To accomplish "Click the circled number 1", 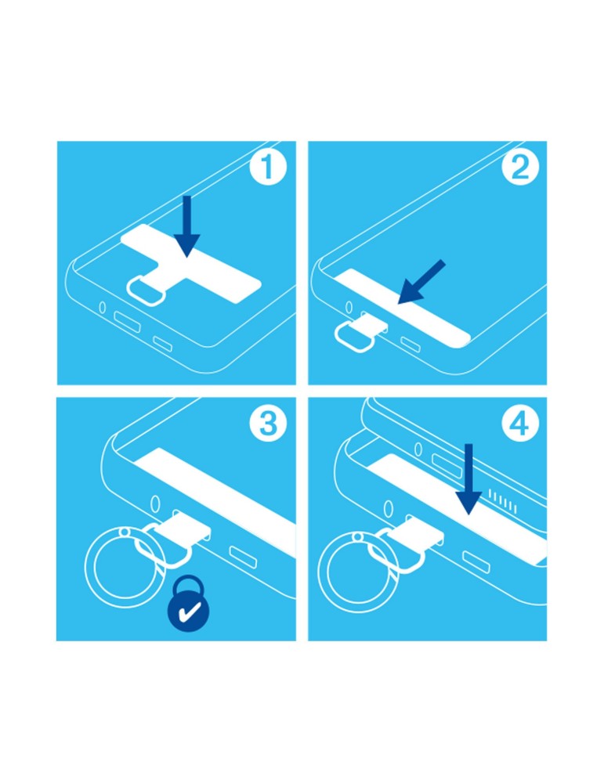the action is (x=268, y=167).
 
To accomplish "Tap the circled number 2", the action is (x=521, y=167).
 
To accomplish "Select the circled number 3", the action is (x=268, y=423).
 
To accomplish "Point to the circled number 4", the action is (x=521, y=423).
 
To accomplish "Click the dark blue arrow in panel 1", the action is (x=187, y=226).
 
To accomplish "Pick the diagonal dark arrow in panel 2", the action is (x=421, y=282).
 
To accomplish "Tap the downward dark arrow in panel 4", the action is (x=468, y=479).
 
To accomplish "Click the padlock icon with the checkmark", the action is (x=189, y=604).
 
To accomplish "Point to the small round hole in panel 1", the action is (x=103, y=307).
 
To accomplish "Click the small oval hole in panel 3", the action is (x=155, y=503).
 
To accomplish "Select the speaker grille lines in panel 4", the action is (x=503, y=501).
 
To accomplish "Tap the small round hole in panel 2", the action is (x=349, y=307).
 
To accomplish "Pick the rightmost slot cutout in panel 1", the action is (x=162, y=343).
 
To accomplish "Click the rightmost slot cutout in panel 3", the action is (x=244, y=557).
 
